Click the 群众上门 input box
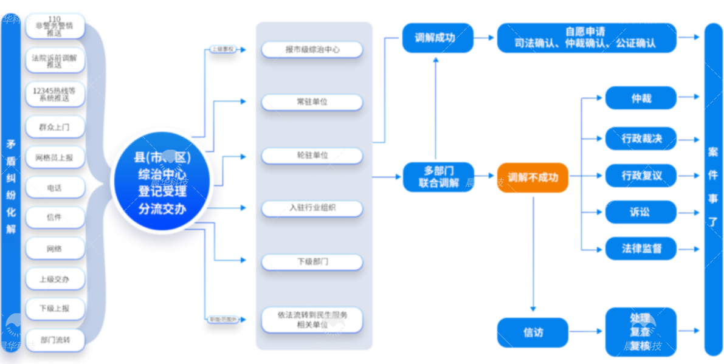[x=55, y=127]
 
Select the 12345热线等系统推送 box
[x=55, y=94]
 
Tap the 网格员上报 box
[x=55, y=157]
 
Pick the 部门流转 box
[x=55, y=340]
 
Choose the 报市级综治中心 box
[x=312, y=49]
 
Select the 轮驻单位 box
[x=312, y=155]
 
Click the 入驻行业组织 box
[x=312, y=208]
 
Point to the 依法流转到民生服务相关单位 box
[x=312, y=320]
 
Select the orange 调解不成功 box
[x=533, y=177]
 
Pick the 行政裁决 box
[x=641, y=139]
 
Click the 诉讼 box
[x=641, y=212]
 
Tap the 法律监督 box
[x=641, y=249]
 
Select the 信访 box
[x=533, y=332]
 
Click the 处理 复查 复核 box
[x=641, y=332]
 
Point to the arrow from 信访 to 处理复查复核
[x=587, y=332]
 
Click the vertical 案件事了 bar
[x=713, y=188]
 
